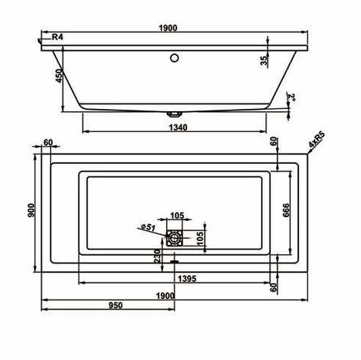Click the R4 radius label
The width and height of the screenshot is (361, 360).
(x=57, y=37)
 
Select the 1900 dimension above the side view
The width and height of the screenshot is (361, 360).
(x=168, y=28)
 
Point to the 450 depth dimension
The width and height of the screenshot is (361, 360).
(x=60, y=76)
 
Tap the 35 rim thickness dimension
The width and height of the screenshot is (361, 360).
(x=264, y=61)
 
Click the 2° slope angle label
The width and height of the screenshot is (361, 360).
(x=292, y=97)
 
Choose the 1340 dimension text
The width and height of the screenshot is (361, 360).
(x=178, y=127)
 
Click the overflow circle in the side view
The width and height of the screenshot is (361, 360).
(x=175, y=58)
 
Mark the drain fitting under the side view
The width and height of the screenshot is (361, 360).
(x=175, y=114)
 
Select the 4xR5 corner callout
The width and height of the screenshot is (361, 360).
(x=317, y=140)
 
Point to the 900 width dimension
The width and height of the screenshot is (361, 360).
(x=31, y=210)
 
